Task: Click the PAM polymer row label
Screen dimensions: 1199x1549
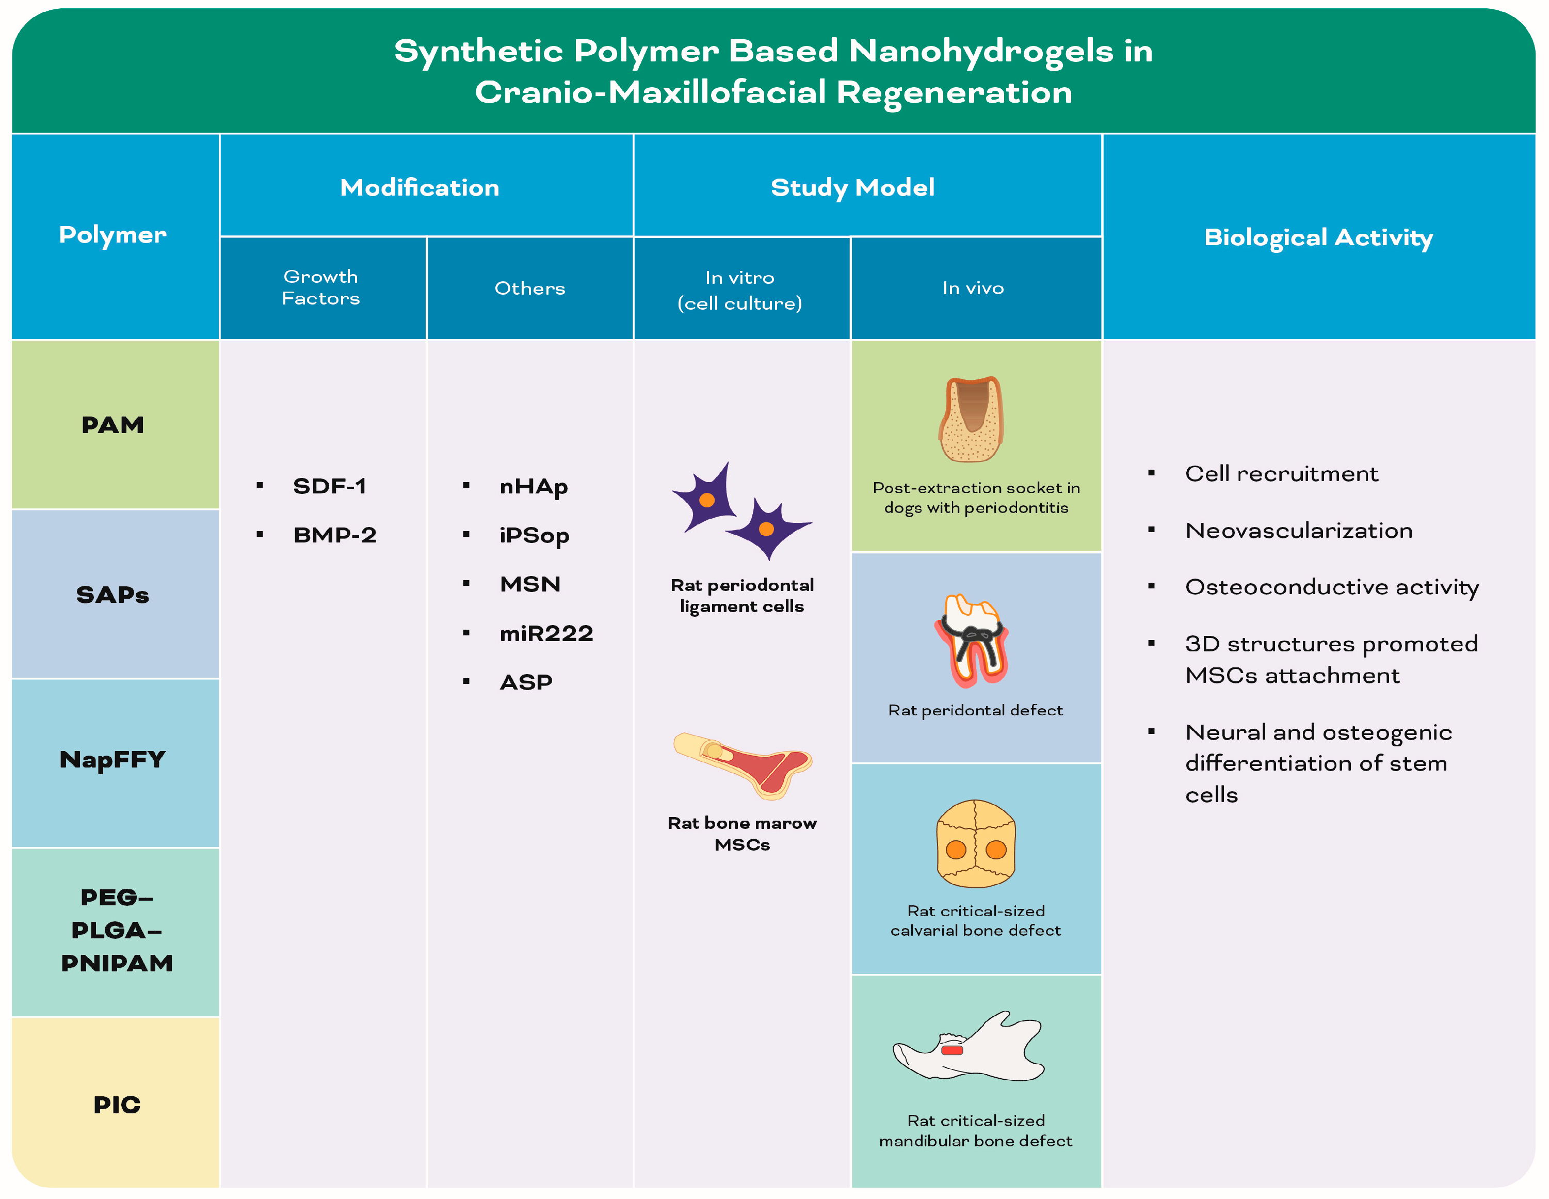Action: point(113,425)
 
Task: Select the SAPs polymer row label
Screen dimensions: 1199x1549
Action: point(113,595)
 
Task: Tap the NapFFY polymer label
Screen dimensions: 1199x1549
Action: point(113,760)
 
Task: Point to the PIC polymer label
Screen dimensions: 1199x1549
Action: point(117,1105)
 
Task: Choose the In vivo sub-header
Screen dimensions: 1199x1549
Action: point(973,288)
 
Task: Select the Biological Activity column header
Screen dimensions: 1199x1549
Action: point(1318,237)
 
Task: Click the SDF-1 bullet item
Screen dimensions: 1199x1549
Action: point(330,486)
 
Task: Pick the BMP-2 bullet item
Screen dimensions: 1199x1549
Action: point(335,535)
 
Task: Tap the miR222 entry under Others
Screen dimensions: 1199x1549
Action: point(546,633)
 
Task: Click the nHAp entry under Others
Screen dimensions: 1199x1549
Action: point(534,487)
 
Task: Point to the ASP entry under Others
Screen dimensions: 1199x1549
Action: point(526,682)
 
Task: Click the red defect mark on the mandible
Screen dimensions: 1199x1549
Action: point(952,1050)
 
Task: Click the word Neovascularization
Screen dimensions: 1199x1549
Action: point(1299,531)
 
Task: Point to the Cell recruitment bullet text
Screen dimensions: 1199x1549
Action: point(1282,474)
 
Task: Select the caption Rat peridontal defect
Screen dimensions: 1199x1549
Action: point(975,710)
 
